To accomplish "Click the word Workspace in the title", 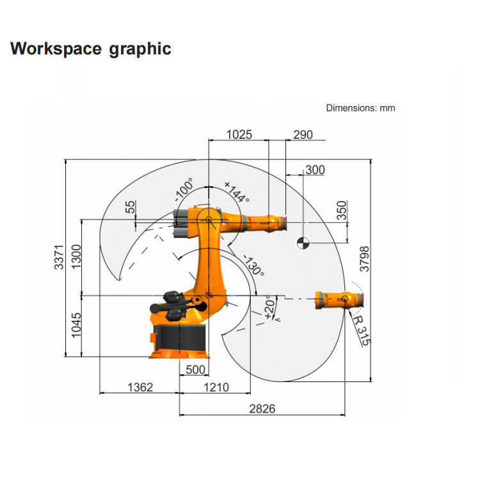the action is coord(56,49).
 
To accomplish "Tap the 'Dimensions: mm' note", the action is coord(360,108).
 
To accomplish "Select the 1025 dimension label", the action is coord(239,134).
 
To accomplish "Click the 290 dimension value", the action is coord(303,134).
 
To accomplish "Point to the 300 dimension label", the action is coord(315,170).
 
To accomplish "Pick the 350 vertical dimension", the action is coord(342,211).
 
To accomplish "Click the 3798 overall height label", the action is coord(365,259).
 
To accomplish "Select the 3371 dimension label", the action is coord(59,257).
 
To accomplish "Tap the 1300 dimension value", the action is coord(76,257).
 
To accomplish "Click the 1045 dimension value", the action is coord(76,325).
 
